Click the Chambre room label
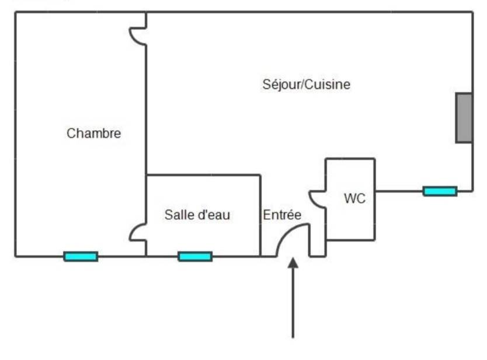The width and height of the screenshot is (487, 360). [94, 134]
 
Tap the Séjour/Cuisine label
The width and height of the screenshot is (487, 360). [306, 85]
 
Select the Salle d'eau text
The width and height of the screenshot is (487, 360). [197, 215]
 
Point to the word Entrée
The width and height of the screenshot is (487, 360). [282, 215]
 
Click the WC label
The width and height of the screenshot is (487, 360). [354, 198]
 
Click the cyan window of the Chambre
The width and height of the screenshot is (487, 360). [81, 257]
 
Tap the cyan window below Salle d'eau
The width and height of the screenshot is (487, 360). [195, 257]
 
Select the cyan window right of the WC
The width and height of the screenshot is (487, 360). [440, 191]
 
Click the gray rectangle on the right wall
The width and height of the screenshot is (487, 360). [464, 118]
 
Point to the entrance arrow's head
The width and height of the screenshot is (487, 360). [293, 263]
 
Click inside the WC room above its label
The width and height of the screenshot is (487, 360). [350, 176]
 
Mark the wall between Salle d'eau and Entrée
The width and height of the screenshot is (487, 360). [260, 216]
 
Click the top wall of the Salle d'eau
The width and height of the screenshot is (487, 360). [203, 175]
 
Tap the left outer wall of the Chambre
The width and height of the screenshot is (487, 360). [15, 134]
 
